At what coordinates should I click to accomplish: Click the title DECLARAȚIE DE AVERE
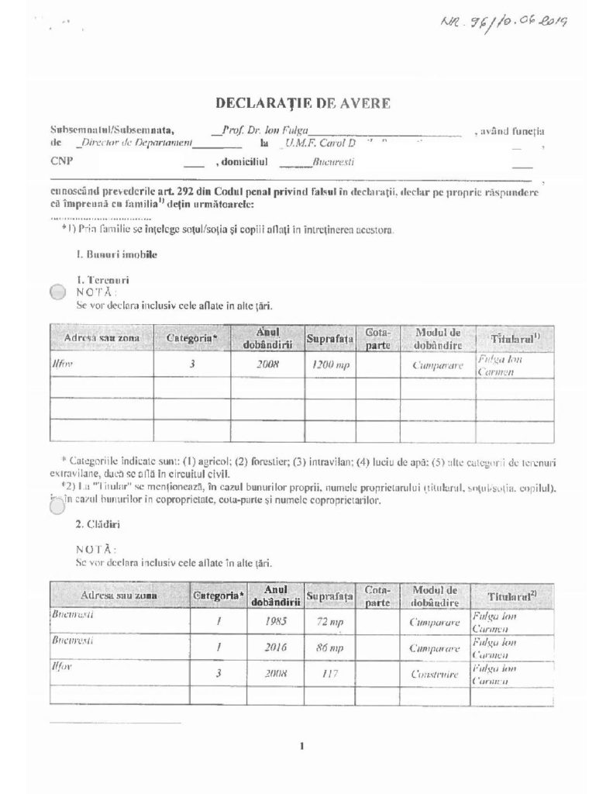(302, 102)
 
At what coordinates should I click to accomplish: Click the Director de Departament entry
(136, 143)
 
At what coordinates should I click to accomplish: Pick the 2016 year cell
(276, 647)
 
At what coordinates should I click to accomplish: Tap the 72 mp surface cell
(330, 621)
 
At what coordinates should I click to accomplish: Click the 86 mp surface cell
(330, 647)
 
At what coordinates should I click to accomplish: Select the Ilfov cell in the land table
(63, 363)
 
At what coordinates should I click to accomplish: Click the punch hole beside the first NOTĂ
(58, 292)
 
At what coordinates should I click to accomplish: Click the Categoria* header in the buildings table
(219, 595)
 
